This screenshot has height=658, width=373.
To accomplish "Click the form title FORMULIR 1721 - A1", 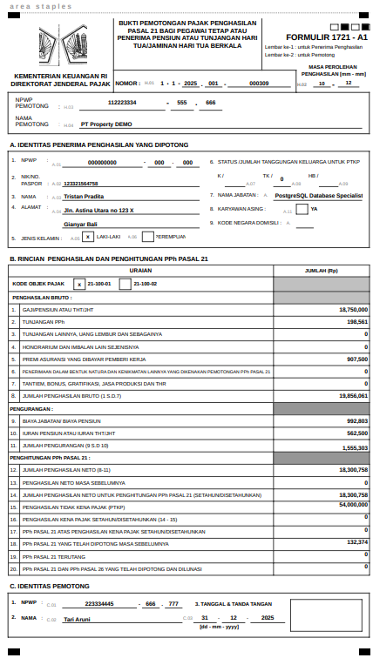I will click(314, 37).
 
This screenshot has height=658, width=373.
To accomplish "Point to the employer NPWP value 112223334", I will click(122, 103).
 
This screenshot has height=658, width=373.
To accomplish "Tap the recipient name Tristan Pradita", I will click(85, 197).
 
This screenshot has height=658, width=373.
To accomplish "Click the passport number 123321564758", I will click(81, 184).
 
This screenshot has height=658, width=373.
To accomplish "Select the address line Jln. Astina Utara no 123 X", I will click(98, 211).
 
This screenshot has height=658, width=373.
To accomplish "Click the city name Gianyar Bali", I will click(81, 225).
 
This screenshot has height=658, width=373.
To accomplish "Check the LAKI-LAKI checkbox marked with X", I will click(88, 237).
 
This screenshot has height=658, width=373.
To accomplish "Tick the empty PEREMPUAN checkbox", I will click(148, 237).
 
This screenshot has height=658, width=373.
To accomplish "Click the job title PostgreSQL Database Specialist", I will click(317, 196).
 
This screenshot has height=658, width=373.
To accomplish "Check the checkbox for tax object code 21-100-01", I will click(79, 284).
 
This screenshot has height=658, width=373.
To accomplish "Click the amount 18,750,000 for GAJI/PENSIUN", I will click(352, 309).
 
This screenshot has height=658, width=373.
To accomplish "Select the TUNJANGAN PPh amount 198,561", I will click(356, 321).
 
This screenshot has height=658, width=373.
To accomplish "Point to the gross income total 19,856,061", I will click(352, 395).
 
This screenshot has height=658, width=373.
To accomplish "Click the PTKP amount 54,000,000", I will click(352, 504).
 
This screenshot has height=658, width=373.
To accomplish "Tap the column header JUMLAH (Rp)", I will click(321, 271).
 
